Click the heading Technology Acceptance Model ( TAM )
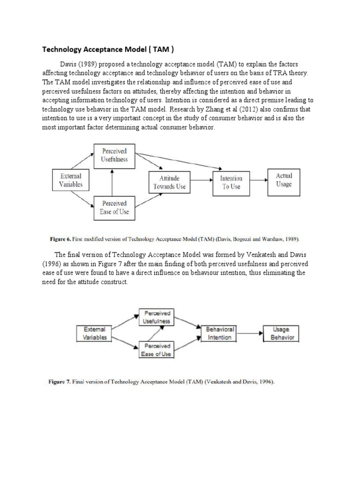pos(109,49)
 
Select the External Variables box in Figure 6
pos(71,180)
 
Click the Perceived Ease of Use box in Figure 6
pos(113,208)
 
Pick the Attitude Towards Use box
pos(170,182)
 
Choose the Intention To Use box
pos(231,182)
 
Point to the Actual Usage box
pos(284,180)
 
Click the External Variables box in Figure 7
pos(95,333)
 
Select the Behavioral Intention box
pos(219,333)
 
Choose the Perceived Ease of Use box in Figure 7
pos(157,350)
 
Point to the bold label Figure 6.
pos(60,239)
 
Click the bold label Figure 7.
pos(60,382)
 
